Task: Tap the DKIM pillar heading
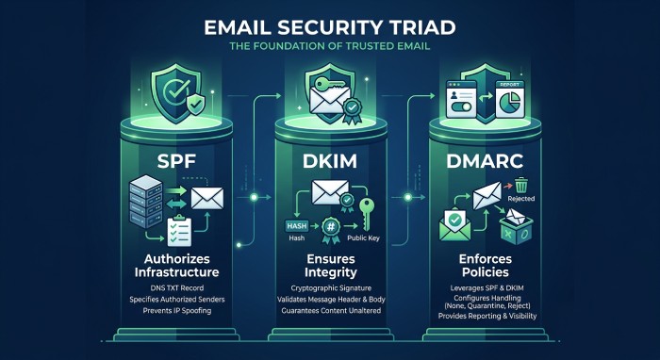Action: click(330, 160)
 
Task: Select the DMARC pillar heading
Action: click(485, 160)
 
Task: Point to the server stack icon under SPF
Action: click(145, 203)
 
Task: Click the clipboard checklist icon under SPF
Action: click(179, 230)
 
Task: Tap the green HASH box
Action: click(297, 226)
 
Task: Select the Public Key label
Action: click(363, 238)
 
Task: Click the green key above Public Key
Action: click(366, 214)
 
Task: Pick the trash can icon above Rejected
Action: click(521, 185)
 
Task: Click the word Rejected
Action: click(521, 199)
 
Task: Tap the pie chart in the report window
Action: click(510, 103)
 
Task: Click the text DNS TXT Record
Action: click(177, 288)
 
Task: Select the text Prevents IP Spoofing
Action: click(177, 311)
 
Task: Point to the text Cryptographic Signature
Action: click(331, 288)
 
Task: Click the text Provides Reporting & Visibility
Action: click(487, 316)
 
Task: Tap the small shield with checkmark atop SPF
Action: click(196, 105)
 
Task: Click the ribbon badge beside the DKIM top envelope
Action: click(352, 111)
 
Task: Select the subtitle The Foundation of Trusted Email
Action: click(330, 46)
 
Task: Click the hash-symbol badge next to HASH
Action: click(331, 229)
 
